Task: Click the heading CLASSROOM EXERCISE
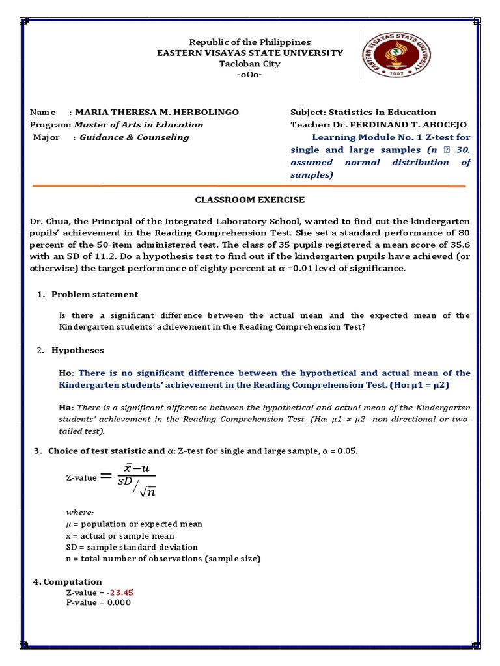click(250, 200)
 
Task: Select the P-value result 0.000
click(117, 602)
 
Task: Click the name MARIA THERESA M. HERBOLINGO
click(158, 113)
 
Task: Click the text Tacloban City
click(250, 64)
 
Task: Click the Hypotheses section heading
click(77, 351)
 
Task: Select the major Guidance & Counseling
click(134, 137)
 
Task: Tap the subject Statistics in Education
click(382, 113)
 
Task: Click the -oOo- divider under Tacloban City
click(250, 75)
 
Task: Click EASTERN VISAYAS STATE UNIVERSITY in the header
click(250, 53)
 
